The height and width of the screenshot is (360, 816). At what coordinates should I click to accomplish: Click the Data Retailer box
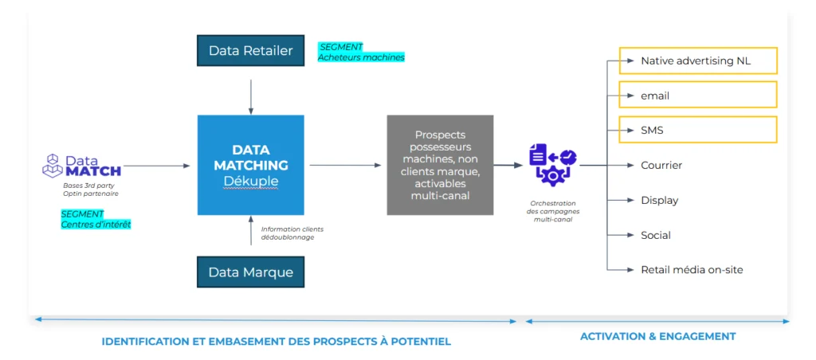tap(251, 51)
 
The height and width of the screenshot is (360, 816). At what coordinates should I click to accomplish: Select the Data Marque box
tap(251, 272)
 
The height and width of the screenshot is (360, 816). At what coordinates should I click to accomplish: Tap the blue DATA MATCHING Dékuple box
tap(251, 165)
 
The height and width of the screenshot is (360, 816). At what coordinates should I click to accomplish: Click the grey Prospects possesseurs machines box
tap(440, 165)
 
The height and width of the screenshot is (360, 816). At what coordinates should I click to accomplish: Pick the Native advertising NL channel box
tap(698, 61)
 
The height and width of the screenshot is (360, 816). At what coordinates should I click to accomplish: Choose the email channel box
tap(698, 96)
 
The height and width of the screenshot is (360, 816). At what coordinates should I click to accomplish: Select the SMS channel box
tap(698, 130)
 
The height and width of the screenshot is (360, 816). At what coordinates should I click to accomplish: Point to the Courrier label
tap(661, 166)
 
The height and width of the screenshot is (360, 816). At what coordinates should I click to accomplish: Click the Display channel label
tap(659, 201)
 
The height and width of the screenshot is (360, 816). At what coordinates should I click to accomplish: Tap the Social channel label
tap(656, 235)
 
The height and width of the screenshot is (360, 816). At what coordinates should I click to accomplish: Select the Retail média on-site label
tap(692, 270)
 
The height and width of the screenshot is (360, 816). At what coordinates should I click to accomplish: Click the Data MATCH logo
tap(82, 165)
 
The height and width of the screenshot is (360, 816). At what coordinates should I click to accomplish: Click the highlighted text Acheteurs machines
tap(361, 57)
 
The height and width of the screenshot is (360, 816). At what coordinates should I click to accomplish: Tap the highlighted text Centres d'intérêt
tap(96, 225)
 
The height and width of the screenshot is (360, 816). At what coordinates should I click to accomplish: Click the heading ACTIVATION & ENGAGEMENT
tap(657, 336)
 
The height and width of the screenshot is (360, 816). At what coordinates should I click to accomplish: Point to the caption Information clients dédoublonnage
tap(292, 233)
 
